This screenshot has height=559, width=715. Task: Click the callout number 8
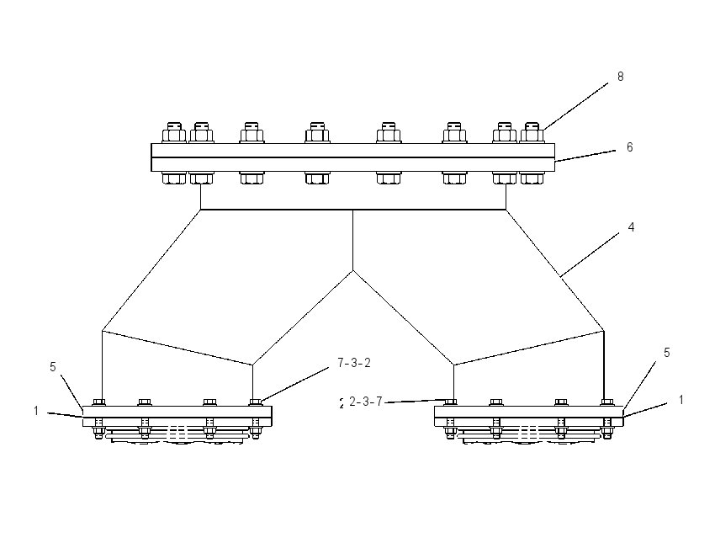tap(620, 77)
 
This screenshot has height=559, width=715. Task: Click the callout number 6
tap(630, 147)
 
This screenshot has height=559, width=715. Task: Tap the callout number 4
tap(631, 227)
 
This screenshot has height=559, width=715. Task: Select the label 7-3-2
tap(354, 363)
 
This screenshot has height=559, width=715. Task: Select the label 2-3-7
tap(366, 402)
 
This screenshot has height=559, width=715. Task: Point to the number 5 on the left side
tap(53, 367)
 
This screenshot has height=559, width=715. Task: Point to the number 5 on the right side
tap(667, 353)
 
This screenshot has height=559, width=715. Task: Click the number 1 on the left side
tap(36, 411)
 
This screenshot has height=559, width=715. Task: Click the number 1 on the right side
tap(681, 400)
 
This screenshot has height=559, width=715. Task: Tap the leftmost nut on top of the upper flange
tap(174, 133)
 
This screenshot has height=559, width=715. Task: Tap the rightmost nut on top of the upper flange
tap(532, 133)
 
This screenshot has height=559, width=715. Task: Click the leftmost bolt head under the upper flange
tap(174, 178)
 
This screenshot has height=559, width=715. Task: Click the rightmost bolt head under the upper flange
tap(532, 178)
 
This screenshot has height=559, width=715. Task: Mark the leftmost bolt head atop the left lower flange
tap(98, 402)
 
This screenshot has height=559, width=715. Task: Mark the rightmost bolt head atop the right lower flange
tap(606, 402)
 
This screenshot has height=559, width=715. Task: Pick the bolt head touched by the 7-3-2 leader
tap(256, 402)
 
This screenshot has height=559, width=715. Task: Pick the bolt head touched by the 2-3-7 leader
tap(450, 402)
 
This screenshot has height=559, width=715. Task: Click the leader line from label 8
tap(575, 106)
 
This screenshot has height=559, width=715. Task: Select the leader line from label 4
tap(590, 254)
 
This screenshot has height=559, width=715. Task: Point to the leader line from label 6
tap(585, 156)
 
